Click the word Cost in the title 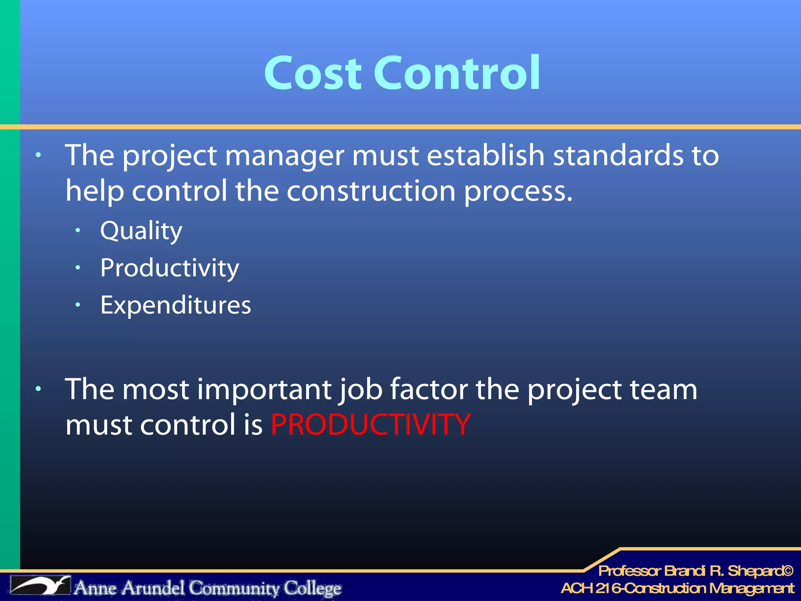point(313,73)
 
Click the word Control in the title point(457,73)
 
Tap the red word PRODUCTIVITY point(370,425)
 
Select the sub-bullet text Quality point(141,231)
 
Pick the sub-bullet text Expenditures point(176,305)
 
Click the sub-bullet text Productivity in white point(169,268)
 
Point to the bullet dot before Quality point(78,231)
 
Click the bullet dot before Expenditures point(78,305)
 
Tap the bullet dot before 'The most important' point(38,389)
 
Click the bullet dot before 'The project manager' point(38,155)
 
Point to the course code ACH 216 point(591,588)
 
